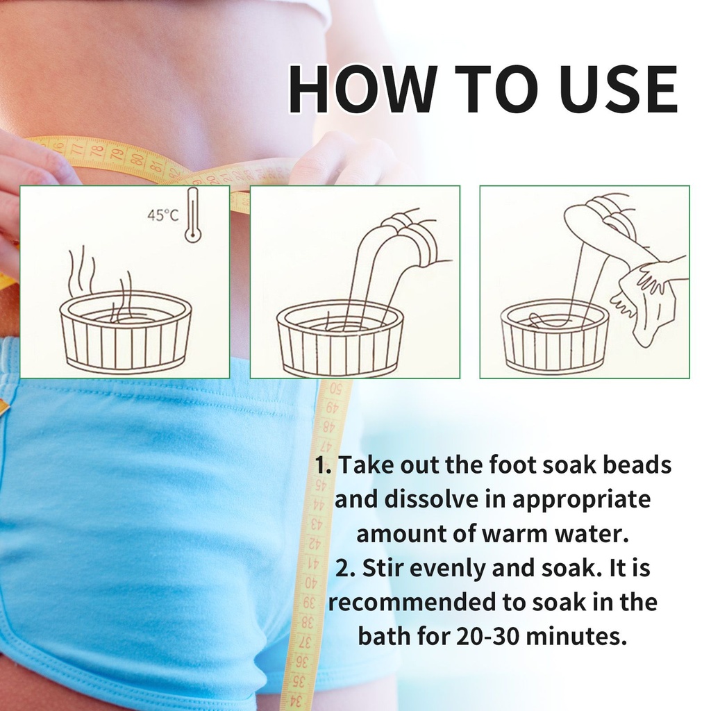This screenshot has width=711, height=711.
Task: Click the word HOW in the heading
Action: [x=361, y=89]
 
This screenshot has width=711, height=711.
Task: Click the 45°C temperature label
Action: [x=162, y=215]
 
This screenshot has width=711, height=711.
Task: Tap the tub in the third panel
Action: [x=555, y=337]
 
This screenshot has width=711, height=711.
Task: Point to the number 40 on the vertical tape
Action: [x=310, y=582]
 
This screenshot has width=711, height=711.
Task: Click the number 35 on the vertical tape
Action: [x=299, y=681]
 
